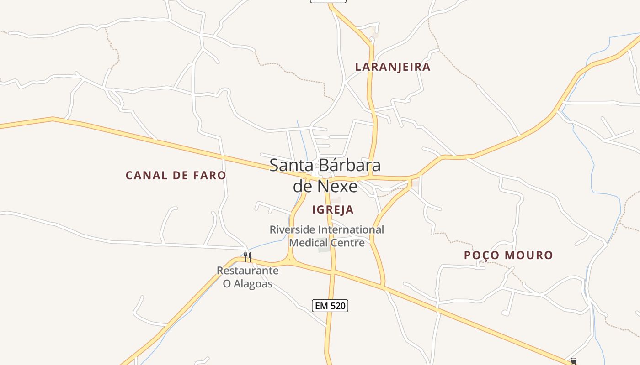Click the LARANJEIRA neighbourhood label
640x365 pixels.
tap(393, 67)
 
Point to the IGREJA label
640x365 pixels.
tap(333, 209)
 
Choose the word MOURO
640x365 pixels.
tap(530, 255)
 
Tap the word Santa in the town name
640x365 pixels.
tap(291, 165)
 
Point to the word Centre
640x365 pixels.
tap(348, 242)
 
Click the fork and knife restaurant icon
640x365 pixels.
tap(247, 257)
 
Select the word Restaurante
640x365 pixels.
tap(247, 271)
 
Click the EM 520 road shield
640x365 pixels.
tap(330, 306)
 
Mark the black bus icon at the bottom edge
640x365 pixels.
tap(574, 361)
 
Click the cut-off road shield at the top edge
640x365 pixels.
tap(328, 1)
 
